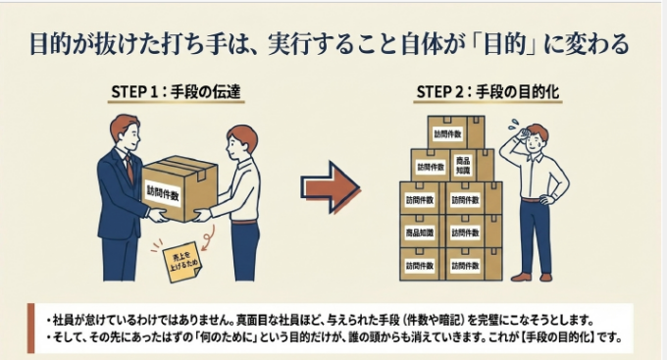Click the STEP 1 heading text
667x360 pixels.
coord(177,91)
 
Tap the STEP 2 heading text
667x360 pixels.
coord(487,91)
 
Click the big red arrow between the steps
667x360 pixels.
coord(331,187)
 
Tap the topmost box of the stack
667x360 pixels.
coord(456,132)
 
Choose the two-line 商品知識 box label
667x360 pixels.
coord(463,166)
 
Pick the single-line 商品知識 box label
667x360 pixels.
coord(420,232)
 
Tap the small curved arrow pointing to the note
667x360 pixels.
coord(208,238)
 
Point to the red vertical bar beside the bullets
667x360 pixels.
coord(30,328)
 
